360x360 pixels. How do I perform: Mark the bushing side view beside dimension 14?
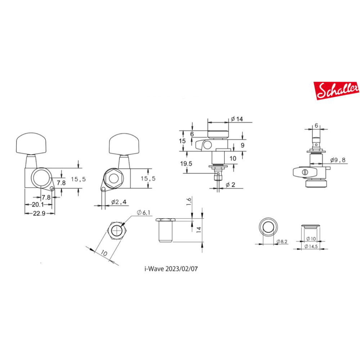click(165, 230)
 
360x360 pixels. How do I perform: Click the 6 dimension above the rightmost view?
click(316, 125)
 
